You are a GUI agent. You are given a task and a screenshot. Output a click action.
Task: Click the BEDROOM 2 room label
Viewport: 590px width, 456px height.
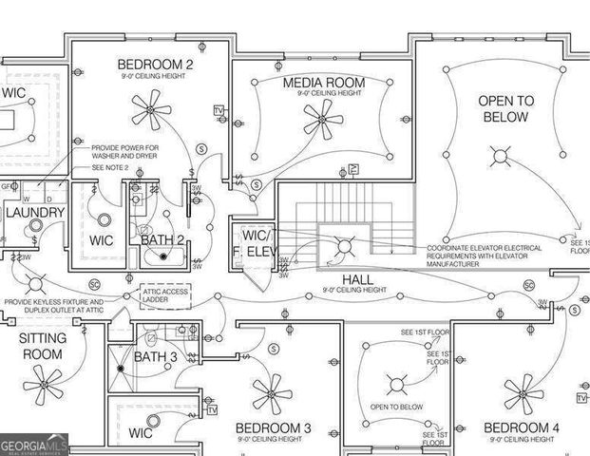pyautogui.click(x=155, y=65)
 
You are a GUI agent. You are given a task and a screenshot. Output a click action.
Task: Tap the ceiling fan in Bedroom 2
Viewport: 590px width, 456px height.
pyautogui.click(x=151, y=116)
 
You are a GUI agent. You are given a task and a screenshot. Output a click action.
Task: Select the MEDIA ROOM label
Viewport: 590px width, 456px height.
pyautogui.click(x=323, y=84)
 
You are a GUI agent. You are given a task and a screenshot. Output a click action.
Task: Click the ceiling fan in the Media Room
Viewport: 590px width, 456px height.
pyautogui.click(x=322, y=120)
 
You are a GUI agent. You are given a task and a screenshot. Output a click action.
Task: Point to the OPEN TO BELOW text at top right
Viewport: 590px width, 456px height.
pyautogui.click(x=504, y=108)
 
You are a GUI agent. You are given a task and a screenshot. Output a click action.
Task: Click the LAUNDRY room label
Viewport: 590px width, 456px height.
pyautogui.click(x=35, y=212)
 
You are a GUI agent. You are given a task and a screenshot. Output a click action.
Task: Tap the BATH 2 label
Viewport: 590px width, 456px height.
pyautogui.click(x=162, y=239)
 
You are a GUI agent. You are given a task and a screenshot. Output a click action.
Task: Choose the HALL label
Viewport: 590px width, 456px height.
pyautogui.click(x=357, y=279)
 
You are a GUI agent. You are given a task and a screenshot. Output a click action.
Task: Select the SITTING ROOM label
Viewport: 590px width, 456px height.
pyautogui.click(x=41, y=346)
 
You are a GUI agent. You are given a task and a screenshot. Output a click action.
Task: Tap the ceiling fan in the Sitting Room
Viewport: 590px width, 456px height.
pyautogui.click(x=43, y=387)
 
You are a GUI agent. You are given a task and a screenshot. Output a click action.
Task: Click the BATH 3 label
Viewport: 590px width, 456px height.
pyautogui.click(x=155, y=356)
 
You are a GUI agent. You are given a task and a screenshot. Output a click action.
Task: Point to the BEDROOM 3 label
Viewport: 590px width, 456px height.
pyautogui.click(x=273, y=428)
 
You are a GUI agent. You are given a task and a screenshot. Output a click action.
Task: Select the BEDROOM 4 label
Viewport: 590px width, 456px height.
pyautogui.click(x=522, y=427)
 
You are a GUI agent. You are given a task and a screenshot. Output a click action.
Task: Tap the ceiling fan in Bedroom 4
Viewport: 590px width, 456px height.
pyautogui.click(x=522, y=390)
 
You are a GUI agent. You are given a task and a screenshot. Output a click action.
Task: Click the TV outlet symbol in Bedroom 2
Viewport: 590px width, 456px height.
pyautogui.click(x=219, y=111)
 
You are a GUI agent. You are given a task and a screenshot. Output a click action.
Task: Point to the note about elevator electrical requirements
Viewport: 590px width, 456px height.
pyautogui.click(x=485, y=255)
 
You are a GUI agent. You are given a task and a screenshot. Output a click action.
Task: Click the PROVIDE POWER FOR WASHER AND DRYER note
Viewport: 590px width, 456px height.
pyautogui.click(x=124, y=152)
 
